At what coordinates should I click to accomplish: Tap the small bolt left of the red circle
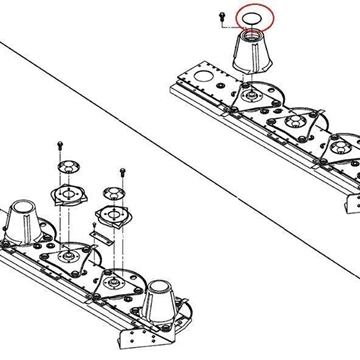pyautogui.click(x=219, y=15)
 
